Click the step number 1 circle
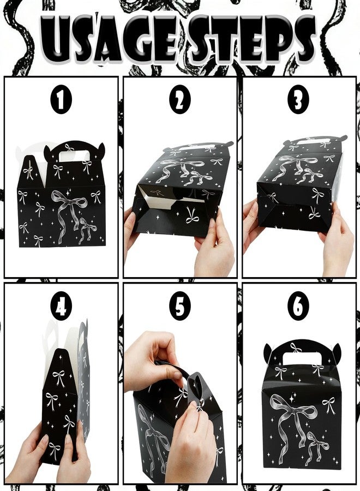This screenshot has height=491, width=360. (61, 99)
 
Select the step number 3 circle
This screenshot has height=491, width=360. (298, 99)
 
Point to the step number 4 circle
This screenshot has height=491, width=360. (61, 306)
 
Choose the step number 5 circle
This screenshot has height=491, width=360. (180, 306)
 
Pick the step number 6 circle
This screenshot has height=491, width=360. (298, 306)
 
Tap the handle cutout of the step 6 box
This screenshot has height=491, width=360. (301, 357)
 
